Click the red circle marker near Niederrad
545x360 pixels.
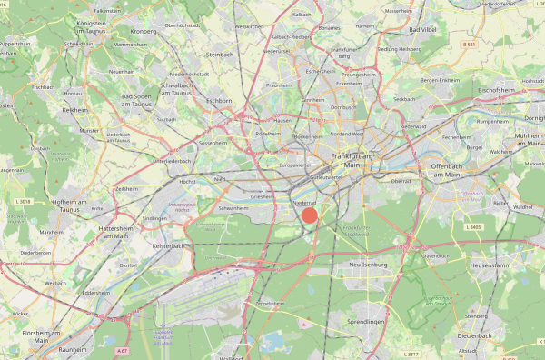tap(310, 215)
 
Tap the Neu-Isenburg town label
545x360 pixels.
tap(367, 265)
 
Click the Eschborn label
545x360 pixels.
tap(219, 100)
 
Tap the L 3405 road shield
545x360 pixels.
tap(472, 226)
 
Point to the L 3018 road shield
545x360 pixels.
tap(24, 201)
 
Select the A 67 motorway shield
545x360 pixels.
tap(123, 349)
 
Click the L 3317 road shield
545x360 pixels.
tap(411, 353)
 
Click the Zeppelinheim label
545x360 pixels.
tap(271, 303)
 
